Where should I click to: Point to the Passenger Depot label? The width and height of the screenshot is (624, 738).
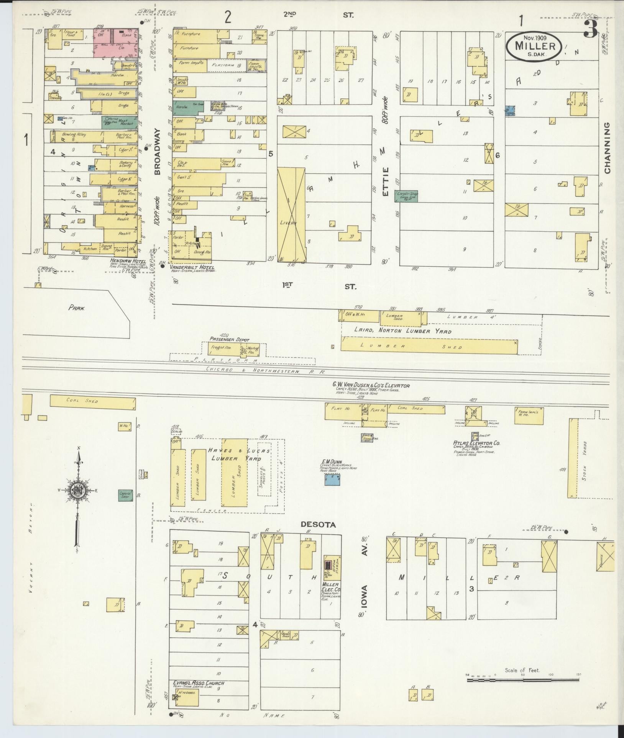point(229,340)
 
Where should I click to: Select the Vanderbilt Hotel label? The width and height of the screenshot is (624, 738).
point(192,267)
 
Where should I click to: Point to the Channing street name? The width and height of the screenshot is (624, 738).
point(608,148)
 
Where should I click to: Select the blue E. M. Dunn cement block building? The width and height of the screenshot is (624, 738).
point(332,479)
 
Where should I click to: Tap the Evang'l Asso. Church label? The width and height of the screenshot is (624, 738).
point(199,683)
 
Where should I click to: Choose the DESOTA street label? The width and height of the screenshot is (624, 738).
point(318,525)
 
